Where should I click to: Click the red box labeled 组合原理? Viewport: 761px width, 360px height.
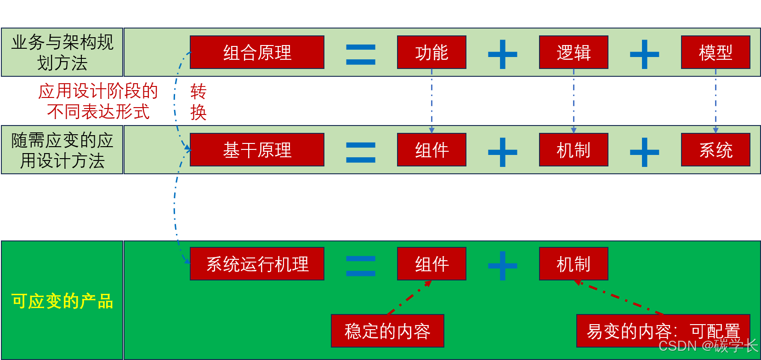pos(257,52)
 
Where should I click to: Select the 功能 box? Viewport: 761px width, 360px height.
pos(432,52)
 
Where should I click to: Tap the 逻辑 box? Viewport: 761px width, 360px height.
pos(574,52)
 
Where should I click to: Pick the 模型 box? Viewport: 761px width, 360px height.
pos(716,52)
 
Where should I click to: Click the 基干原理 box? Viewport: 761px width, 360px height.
pos(257,150)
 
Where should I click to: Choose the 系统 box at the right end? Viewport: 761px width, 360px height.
pos(716,150)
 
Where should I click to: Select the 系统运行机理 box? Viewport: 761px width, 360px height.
pos(257,264)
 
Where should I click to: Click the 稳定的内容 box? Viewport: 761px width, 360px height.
pos(387,331)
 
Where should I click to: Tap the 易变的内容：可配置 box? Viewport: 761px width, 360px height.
pos(663,331)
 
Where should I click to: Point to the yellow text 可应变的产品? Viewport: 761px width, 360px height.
pos(62,301)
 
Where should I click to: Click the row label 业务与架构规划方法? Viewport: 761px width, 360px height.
pos(62,52)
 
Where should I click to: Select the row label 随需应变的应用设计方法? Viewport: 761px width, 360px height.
pos(62,150)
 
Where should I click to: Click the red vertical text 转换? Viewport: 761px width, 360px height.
pos(199,102)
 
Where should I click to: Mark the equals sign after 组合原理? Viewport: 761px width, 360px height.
pos(361,54)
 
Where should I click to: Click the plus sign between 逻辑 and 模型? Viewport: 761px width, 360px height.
pos(644,54)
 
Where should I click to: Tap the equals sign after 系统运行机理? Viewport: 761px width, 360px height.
pos(361,266)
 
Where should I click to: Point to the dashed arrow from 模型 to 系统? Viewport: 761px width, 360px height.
pos(716,101)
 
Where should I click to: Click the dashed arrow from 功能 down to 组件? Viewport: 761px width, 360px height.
pos(432,101)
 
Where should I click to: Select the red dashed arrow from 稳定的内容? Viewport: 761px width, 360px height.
pos(409,298)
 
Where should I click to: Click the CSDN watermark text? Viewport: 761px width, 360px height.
pos(708,346)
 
